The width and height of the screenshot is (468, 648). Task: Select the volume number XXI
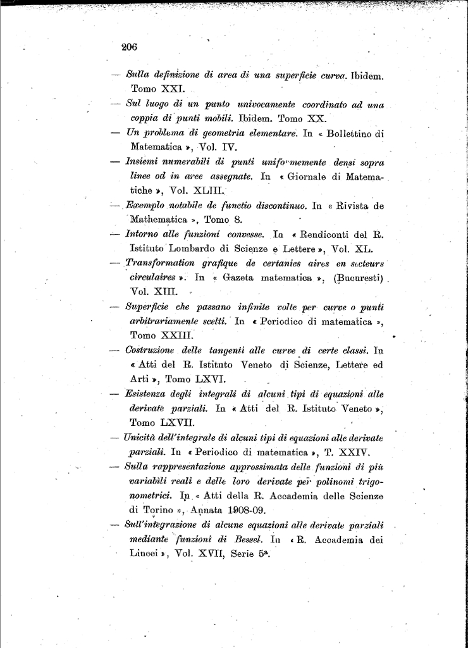171,89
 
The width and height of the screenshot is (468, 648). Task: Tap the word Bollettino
351,134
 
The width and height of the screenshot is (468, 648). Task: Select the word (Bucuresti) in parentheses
357,278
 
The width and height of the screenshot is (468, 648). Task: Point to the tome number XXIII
176,335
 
